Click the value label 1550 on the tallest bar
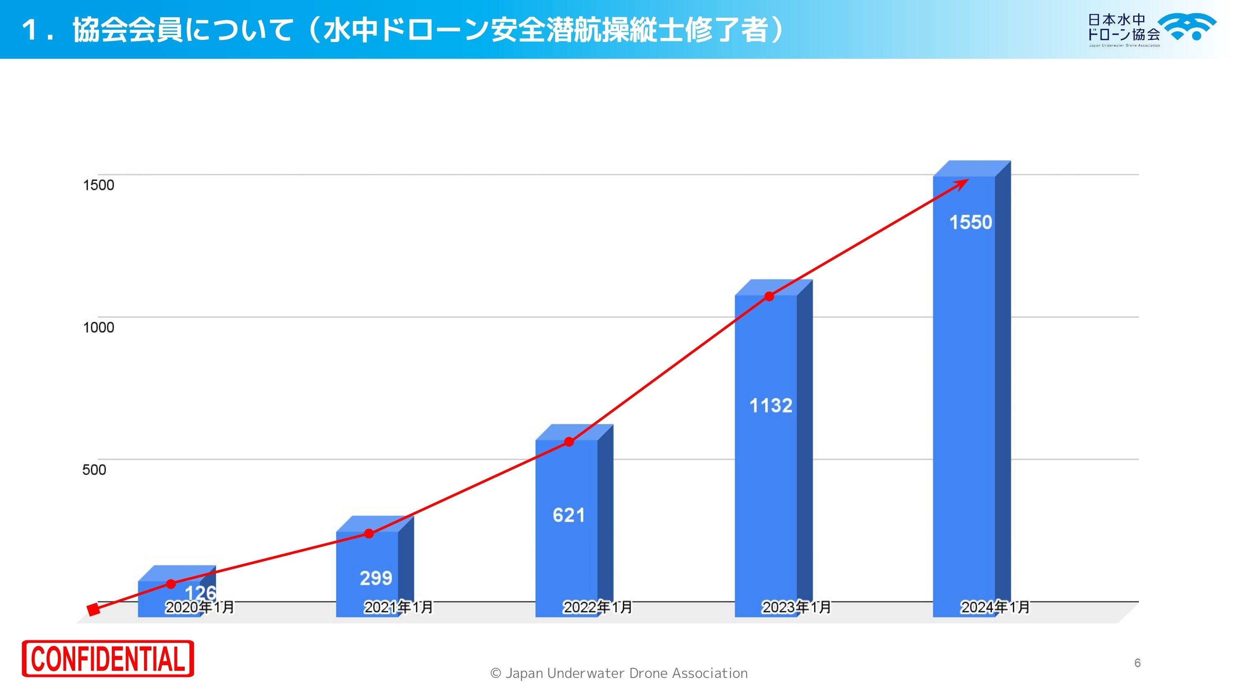click(x=970, y=222)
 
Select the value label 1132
click(x=770, y=406)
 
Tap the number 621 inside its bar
click(x=569, y=515)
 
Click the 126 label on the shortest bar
click(x=201, y=592)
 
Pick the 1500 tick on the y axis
click(x=98, y=186)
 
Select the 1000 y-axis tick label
click(x=98, y=327)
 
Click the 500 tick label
click(x=94, y=470)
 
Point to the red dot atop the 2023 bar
click(x=769, y=297)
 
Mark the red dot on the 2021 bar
click(x=369, y=534)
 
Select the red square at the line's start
click(x=93, y=610)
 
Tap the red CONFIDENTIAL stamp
click(x=108, y=658)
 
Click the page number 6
click(x=1137, y=663)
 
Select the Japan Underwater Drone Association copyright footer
click(x=619, y=673)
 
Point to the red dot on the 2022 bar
click(x=569, y=442)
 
